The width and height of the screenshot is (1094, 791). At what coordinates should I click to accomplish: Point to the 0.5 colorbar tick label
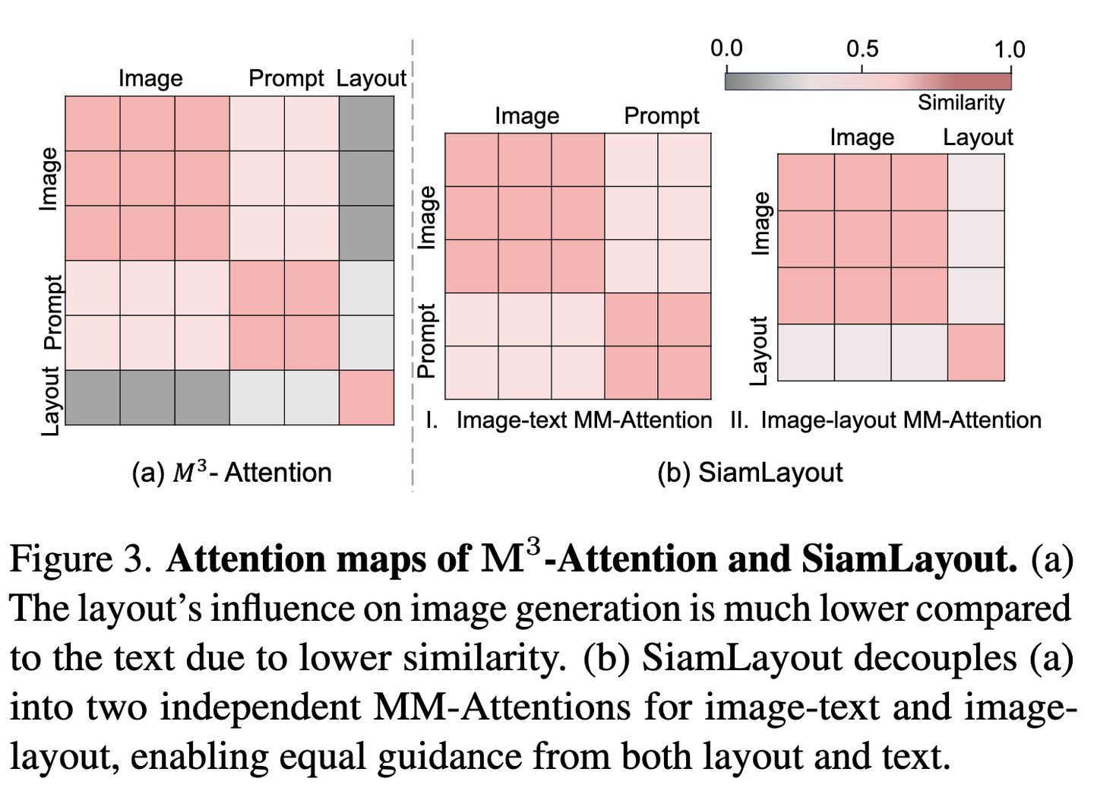[862, 49]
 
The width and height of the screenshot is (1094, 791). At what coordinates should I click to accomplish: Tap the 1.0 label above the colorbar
[1010, 49]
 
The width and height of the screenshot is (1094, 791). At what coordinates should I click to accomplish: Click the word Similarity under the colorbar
[961, 102]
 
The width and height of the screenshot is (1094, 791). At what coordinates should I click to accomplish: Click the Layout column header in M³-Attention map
[372, 78]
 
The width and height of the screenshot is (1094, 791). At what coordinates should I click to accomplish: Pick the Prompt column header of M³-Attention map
[286, 78]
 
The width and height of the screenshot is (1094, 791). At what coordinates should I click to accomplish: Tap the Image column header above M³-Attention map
[150, 78]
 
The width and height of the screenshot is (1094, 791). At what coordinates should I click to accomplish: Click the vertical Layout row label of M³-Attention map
[50, 401]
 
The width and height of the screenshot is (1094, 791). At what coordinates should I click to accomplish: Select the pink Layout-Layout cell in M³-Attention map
[366, 397]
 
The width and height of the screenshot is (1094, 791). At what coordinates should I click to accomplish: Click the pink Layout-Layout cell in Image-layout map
[976, 353]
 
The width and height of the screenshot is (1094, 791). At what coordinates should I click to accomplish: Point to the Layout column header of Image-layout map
[978, 137]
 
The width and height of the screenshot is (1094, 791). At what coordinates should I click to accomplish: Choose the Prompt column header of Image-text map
[662, 115]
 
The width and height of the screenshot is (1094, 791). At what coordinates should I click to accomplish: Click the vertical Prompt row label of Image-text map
[427, 340]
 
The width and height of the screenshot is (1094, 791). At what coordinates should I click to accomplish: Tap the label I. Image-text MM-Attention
[570, 420]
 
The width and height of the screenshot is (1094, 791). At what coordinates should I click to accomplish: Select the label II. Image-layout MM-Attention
[886, 420]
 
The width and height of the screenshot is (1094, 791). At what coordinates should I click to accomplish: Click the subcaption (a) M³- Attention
[232, 473]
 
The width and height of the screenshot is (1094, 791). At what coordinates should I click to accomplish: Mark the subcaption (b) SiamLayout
[750, 473]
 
